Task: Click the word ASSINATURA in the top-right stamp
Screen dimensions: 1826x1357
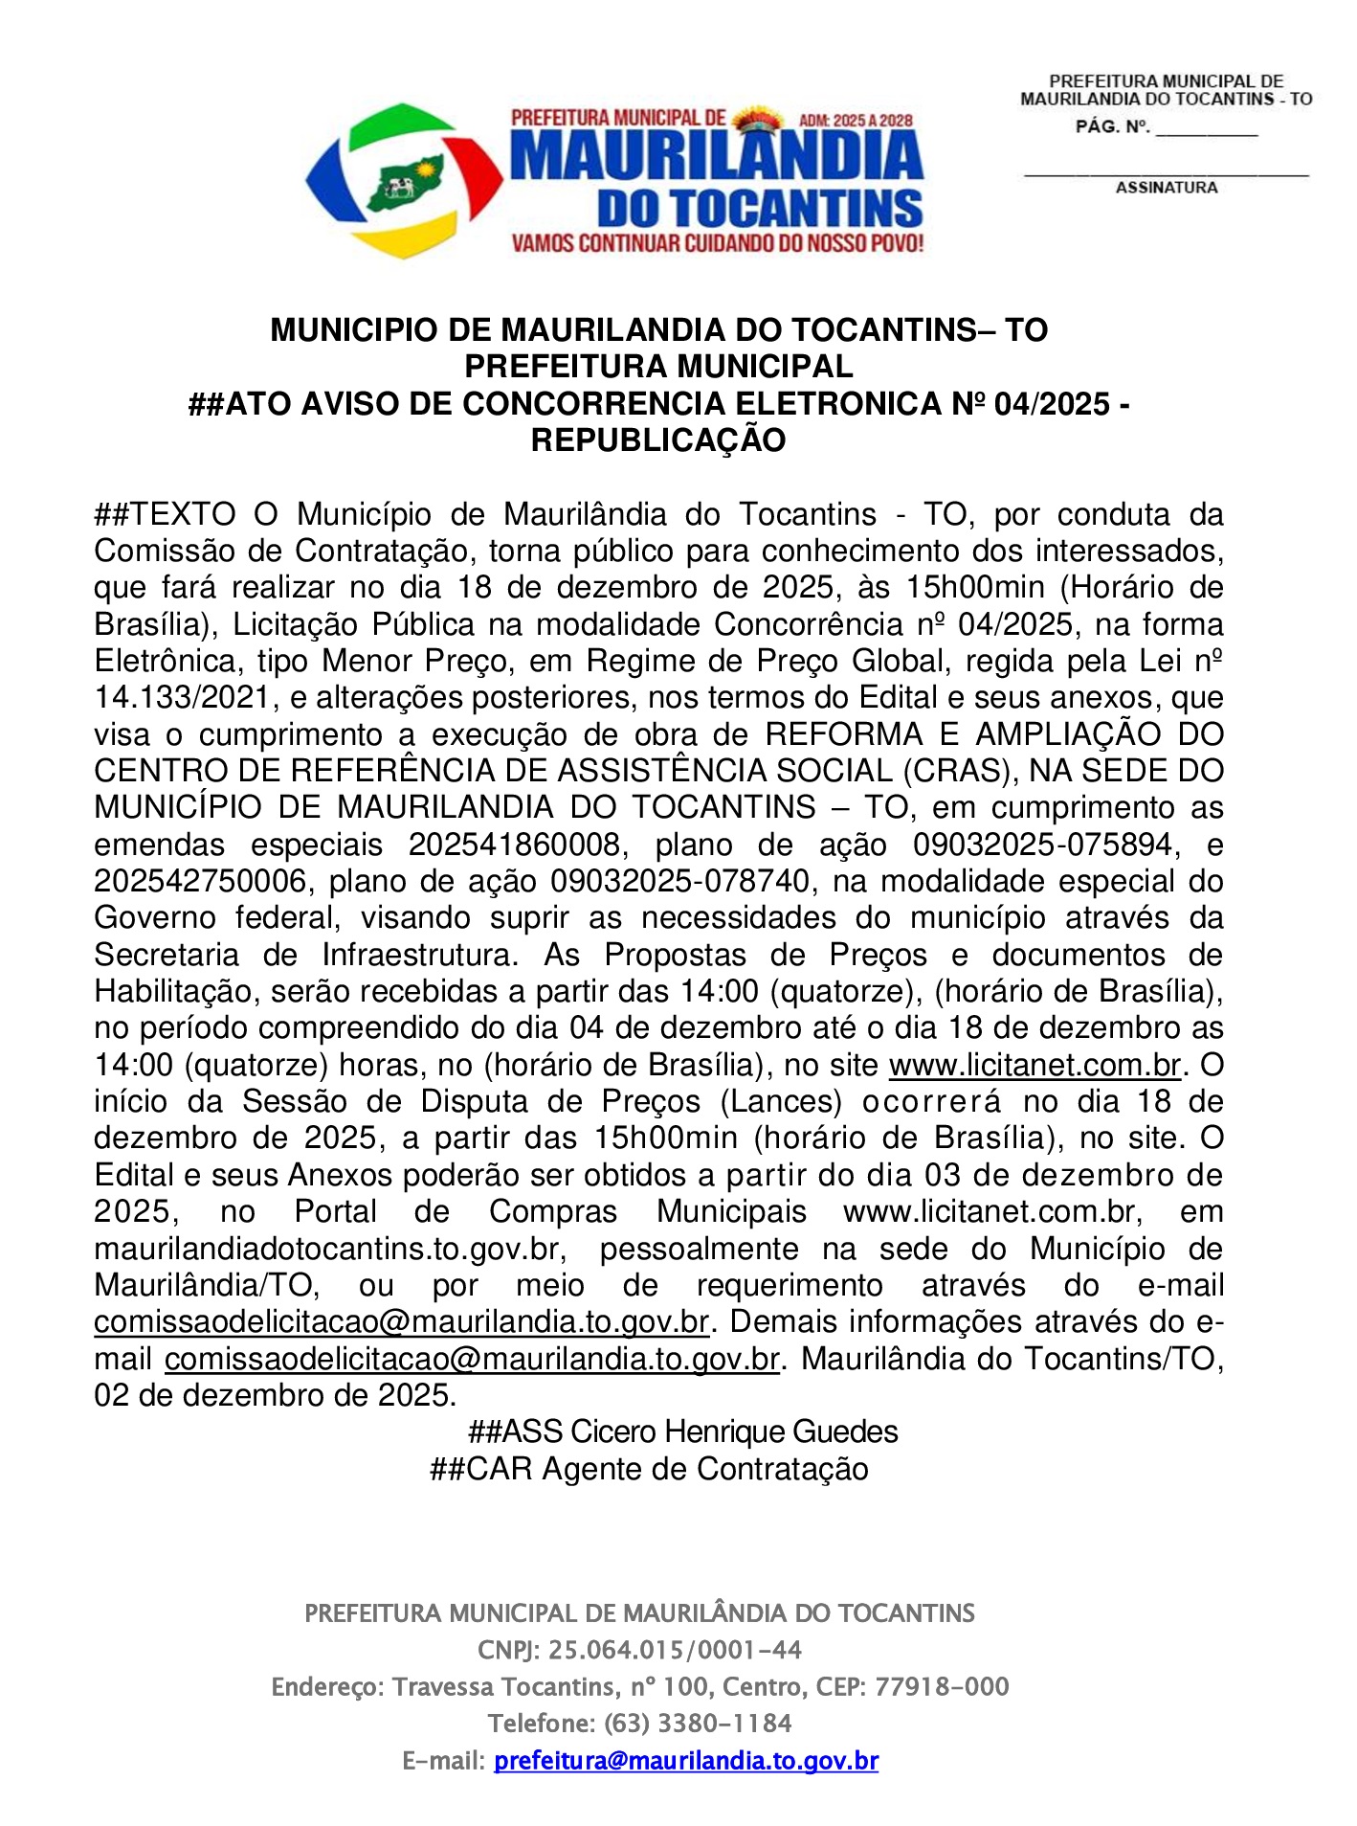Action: click(x=1166, y=189)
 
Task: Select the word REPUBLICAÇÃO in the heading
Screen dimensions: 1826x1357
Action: click(x=658, y=440)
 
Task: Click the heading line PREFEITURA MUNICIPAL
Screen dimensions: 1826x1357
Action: click(x=658, y=367)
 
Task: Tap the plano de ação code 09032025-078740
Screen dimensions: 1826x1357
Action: click(x=681, y=882)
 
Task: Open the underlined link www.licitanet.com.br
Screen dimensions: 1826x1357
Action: click(x=1035, y=1065)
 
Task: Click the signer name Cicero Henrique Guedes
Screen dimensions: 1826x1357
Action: click(x=733, y=1432)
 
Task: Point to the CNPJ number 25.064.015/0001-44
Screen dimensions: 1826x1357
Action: click(x=675, y=1650)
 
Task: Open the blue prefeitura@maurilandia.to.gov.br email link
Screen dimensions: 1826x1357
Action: click(x=685, y=1760)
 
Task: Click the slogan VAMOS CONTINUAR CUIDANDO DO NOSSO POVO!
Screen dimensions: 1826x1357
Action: click(x=717, y=243)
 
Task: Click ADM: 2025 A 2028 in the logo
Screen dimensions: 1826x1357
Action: click(x=855, y=122)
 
